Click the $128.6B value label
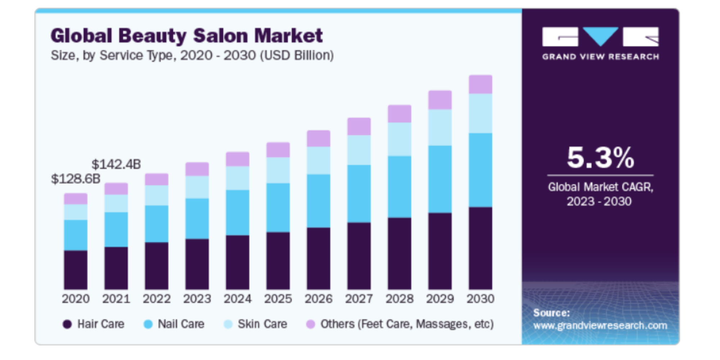click(76, 179)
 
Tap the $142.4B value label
click(116, 165)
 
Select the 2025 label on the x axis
click(278, 299)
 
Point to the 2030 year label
click(480, 299)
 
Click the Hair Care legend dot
click(67, 324)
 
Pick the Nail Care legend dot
click(148, 324)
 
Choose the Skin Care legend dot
click(228, 324)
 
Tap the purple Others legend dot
click(310, 324)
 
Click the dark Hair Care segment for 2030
click(480, 248)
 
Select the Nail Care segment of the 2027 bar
click(359, 194)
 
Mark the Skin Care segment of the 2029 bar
click(440, 127)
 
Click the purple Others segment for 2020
click(76, 199)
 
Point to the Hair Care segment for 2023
click(197, 264)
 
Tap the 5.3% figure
click(600, 158)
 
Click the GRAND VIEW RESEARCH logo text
click(600, 57)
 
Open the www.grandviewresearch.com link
click(600, 326)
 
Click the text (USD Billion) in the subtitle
click(297, 55)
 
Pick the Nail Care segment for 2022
click(157, 224)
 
